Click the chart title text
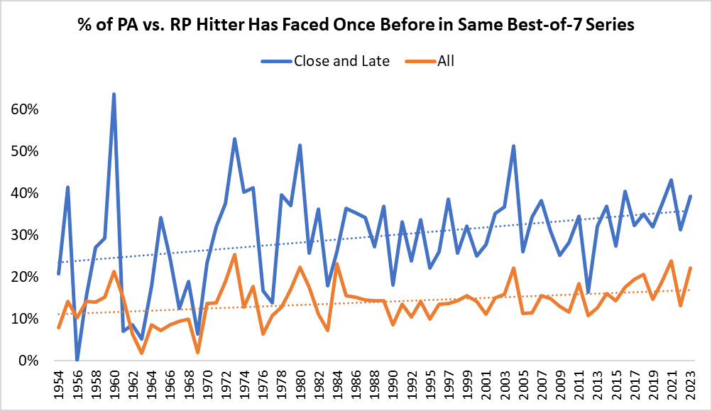coord(356,26)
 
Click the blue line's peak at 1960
coord(114,94)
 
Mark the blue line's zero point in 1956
coord(77,360)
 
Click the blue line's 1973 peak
coord(234,139)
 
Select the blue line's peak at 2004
coord(513,146)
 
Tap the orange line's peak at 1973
coord(234,255)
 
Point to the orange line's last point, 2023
coord(691,268)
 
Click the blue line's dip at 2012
coord(588,292)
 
